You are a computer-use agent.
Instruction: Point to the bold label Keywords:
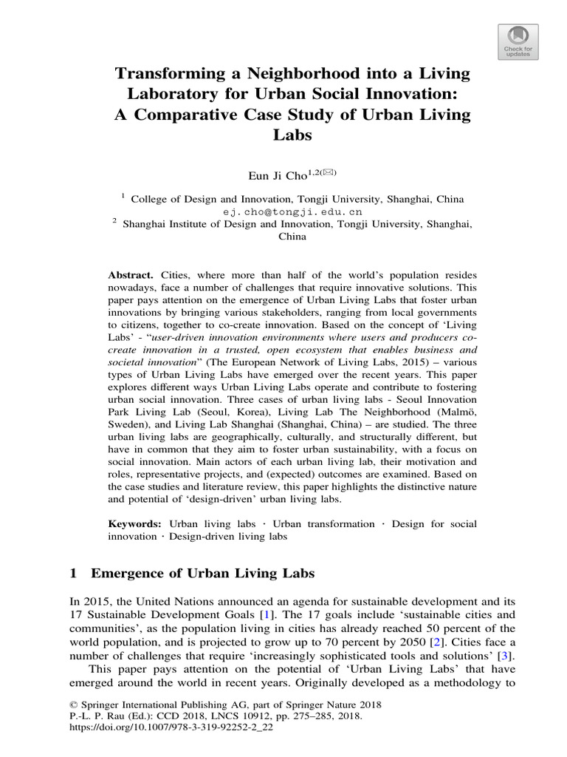pos(134,523)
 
